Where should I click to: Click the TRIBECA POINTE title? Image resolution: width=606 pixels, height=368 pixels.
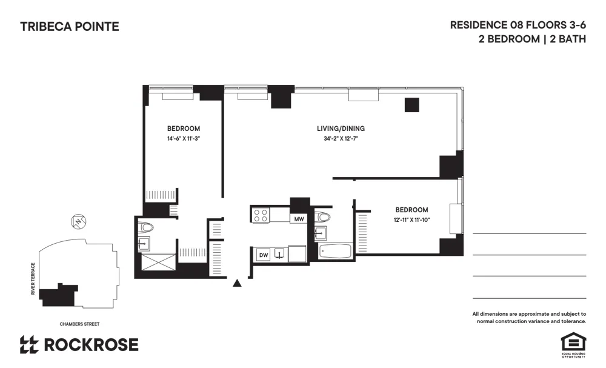(70, 27)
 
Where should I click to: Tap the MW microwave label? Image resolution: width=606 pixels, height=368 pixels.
(299, 219)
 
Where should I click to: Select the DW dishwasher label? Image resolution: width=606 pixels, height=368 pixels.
(264, 255)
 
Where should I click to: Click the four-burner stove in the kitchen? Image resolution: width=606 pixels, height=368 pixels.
(261, 215)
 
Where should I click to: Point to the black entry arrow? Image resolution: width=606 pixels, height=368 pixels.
(238, 282)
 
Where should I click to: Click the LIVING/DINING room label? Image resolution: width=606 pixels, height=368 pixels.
(341, 129)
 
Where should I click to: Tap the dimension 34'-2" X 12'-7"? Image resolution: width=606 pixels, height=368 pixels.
(341, 139)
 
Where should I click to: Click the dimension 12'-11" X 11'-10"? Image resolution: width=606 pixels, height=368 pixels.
(411, 220)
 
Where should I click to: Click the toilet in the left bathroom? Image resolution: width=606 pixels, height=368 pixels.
(145, 227)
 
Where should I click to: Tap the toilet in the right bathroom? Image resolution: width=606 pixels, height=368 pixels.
(323, 218)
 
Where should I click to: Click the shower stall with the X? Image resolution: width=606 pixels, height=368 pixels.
(156, 263)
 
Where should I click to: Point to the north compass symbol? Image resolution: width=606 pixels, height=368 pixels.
(77, 222)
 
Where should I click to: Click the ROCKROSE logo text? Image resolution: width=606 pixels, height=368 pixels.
(91, 345)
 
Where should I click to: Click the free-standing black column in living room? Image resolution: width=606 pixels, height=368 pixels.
(412, 105)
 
